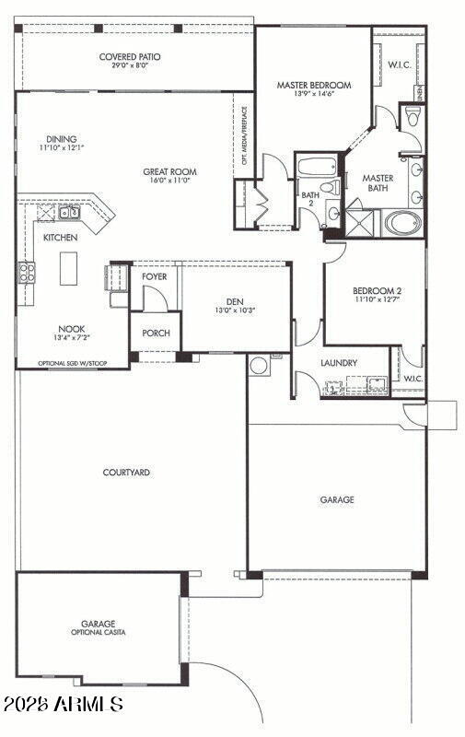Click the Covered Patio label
click(130, 57)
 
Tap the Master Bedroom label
click(314, 85)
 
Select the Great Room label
click(169, 171)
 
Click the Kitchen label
click(61, 238)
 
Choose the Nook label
click(73, 329)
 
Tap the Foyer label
click(154, 275)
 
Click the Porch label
click(156, 333)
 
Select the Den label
click(235, 300)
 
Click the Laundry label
click(339, 363)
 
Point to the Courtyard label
click(127, 473)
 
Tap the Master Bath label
click(378, 182)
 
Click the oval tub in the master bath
click(402, 222)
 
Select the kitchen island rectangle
click(68, 268)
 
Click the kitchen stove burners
click(28, 272)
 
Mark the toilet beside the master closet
click(413, 116)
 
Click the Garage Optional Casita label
click(97, 627)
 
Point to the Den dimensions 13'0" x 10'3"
click(235, 310)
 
